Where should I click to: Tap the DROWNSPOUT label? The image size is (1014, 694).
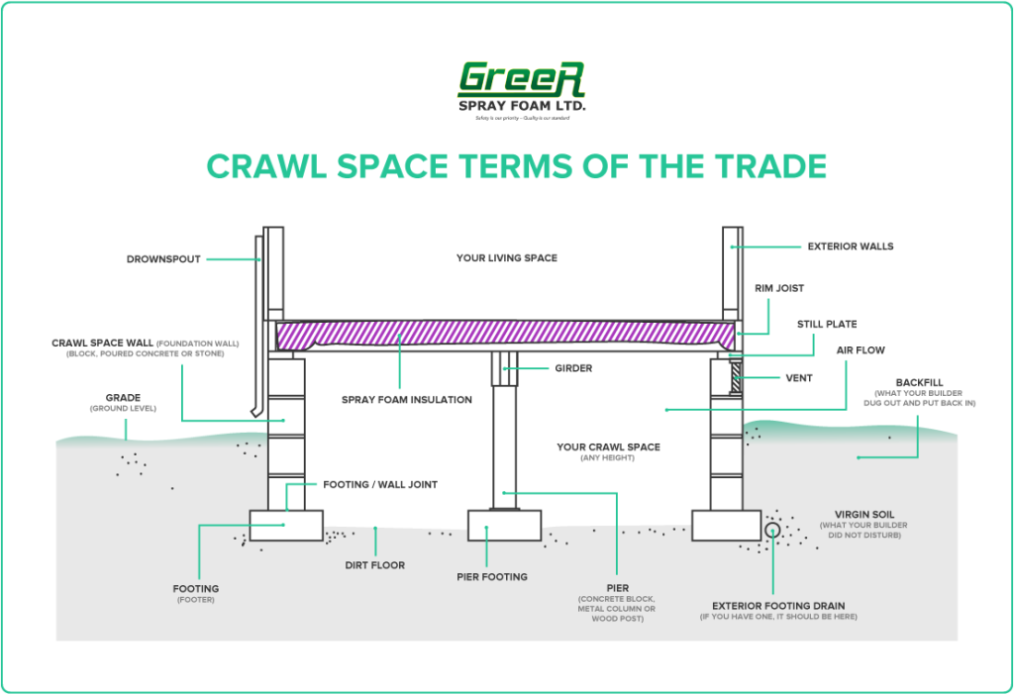coord(163,259)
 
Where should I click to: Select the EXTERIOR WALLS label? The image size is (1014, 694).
coord(850,246)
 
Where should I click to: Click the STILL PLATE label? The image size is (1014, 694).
coord(827,324)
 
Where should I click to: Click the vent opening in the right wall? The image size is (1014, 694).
coord(736,376)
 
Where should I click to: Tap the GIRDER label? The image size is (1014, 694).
coord(573,368)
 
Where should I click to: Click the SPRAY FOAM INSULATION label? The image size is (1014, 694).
coord(406,399)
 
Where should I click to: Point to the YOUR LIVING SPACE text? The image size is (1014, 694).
coord(506,258)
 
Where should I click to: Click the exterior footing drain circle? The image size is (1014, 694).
coord(772,531)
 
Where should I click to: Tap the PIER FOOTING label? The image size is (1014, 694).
coord(491,576)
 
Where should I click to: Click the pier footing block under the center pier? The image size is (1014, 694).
coord(505,525)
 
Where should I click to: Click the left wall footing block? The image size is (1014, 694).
coord(285,525)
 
